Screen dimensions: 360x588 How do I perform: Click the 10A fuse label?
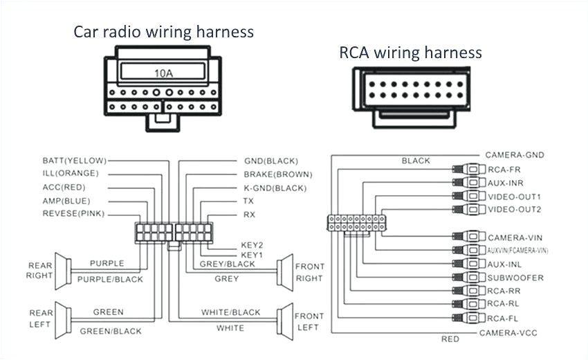(163, 71)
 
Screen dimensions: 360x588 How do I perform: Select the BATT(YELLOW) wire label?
(75, 161)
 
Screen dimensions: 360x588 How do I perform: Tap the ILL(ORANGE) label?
(71, 173)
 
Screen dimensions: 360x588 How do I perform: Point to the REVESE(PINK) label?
(73, 213)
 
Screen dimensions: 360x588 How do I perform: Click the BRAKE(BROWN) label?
(277, 174)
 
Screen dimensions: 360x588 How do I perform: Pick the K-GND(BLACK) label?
(275, 188)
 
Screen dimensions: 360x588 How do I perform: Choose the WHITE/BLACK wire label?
(231, 313)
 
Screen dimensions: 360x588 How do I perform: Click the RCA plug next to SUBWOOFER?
(471, 278)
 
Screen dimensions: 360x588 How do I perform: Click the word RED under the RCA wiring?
(450, 339)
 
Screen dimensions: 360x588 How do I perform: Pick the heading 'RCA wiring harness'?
(410, 53)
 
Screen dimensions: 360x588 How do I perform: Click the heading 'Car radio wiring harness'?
(164, 32)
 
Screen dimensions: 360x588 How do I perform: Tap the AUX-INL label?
(505, 264)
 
